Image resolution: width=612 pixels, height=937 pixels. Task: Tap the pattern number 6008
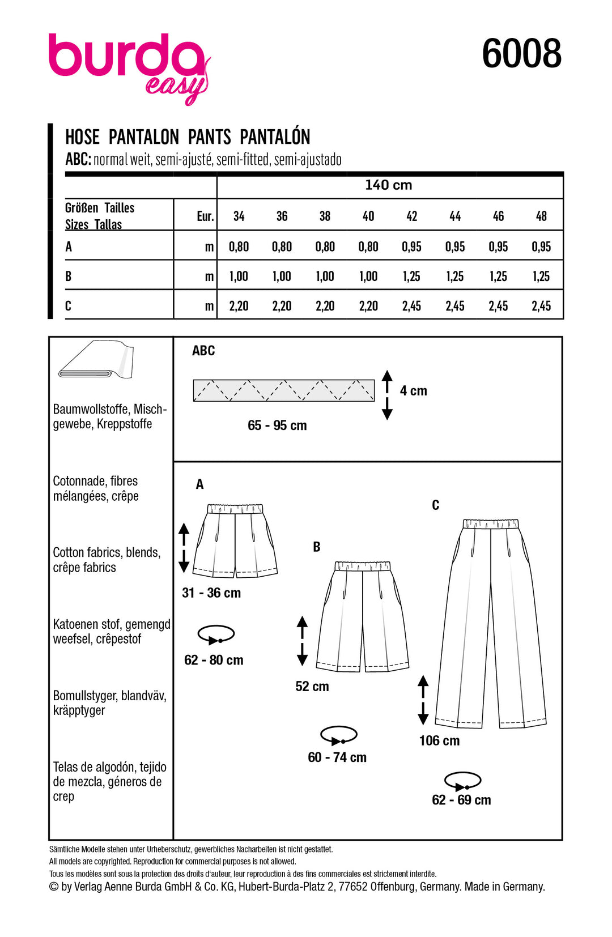tap(521, 54)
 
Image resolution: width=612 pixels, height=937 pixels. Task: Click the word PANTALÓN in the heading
tap(275, 137)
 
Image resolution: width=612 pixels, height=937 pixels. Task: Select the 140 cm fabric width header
tap(389, 185)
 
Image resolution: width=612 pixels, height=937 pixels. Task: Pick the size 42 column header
tap(412, 216)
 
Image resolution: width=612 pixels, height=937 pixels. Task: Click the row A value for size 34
tap(239, 247)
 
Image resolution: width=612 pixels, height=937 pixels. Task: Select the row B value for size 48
tap(541, 276)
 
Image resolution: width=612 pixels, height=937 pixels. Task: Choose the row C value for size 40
tap(368, 306)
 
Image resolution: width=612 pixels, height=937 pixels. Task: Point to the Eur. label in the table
tap(205, 216)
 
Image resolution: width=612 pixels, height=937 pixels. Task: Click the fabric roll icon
tap(96, 359)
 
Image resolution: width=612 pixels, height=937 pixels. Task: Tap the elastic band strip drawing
tap(283, 390)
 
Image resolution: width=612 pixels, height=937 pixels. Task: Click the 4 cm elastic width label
tap(414, 391)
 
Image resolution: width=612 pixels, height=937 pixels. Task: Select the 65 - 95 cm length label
tap(277, 425)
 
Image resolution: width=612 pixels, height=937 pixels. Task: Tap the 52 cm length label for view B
tap(312, 687)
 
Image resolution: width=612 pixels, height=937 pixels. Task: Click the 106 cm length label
tap(439, 741)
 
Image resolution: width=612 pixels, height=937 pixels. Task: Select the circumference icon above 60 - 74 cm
tap(338, 735)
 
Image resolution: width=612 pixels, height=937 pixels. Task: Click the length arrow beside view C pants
tap(423, 700)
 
